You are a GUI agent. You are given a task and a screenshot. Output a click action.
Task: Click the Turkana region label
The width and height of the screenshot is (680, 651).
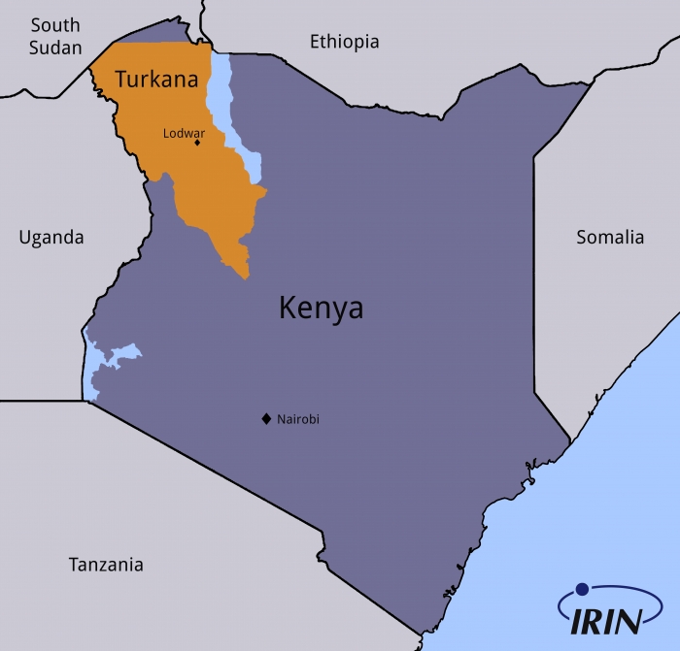coord(155,80)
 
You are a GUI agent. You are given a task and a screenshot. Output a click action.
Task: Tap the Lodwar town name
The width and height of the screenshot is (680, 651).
coord(184,133)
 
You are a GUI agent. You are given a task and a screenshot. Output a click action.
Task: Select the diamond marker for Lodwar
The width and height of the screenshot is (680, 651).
coord(197,143)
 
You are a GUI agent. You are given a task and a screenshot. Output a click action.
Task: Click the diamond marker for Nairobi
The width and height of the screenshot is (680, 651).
coord(265,419)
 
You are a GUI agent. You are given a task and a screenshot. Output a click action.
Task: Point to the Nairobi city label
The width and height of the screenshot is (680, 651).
coord(298,419)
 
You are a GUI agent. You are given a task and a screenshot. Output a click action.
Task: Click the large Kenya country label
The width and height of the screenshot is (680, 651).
coord(321,308)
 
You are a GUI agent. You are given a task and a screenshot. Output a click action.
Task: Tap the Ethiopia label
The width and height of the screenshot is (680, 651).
coord(344,42)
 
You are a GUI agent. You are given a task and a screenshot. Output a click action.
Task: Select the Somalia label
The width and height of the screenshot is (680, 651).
coord(610,237)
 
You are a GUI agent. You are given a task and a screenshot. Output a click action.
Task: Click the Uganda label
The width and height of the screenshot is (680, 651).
coord(51,237)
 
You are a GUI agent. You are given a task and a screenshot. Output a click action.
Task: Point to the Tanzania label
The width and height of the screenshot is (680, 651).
coord(106,565)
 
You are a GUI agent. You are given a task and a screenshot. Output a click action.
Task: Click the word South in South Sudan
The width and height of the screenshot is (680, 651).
coord(54,25)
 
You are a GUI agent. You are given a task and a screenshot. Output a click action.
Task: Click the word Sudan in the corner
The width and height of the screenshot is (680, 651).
coord(54,48)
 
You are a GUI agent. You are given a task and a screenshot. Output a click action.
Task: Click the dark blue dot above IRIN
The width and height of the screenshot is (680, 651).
coord(582,589)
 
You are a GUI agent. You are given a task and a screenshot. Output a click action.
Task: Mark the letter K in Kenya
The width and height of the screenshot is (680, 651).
coord(288,308)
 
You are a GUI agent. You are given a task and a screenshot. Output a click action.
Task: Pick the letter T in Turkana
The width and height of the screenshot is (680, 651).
coord(121,80)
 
